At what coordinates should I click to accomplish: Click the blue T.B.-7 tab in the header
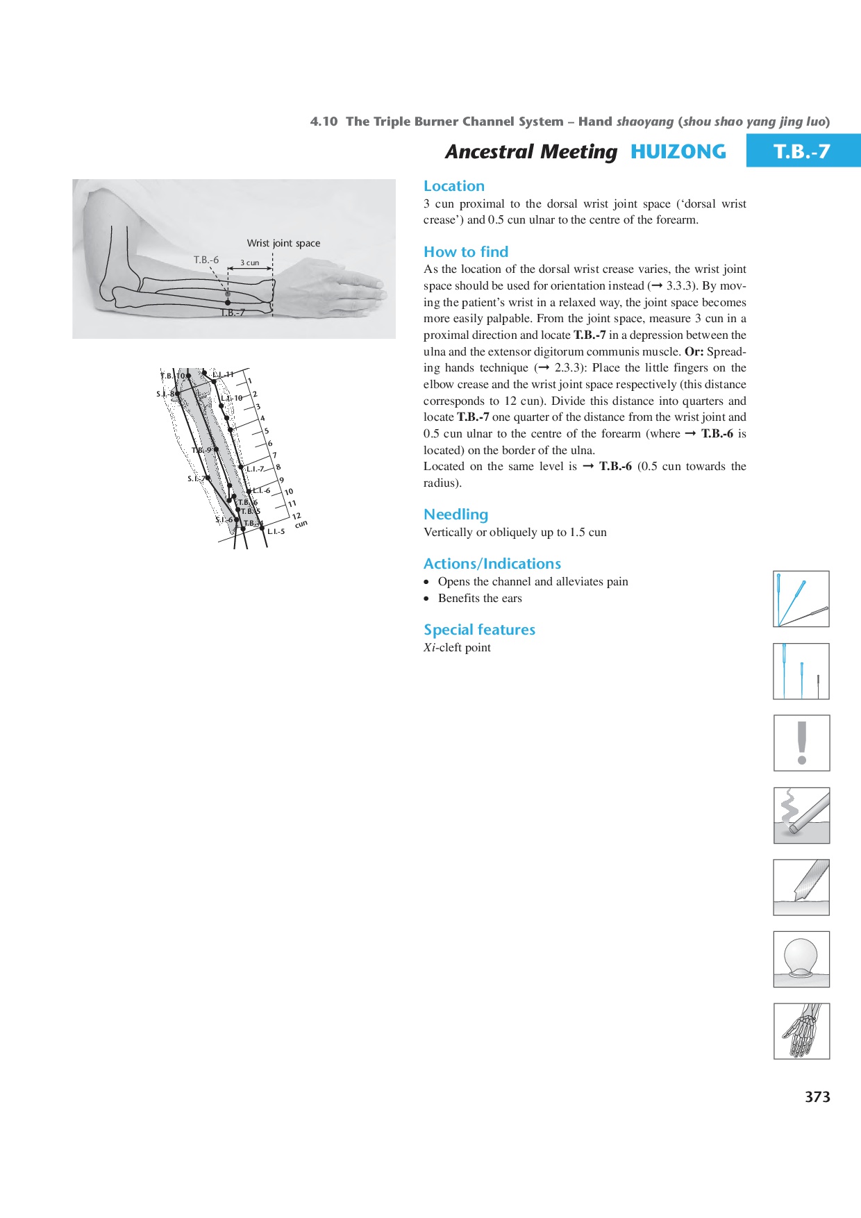802,151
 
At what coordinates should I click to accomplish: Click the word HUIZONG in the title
678,151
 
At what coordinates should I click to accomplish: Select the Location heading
454,186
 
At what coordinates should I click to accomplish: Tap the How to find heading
466,252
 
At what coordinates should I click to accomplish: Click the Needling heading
455,515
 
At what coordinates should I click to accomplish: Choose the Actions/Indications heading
492,564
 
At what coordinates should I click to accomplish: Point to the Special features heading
479,630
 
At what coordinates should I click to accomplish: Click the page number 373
817,1097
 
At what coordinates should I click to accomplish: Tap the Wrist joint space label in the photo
283,243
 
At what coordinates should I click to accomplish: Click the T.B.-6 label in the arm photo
206,260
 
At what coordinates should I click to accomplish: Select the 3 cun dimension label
249,263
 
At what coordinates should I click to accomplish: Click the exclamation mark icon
801,743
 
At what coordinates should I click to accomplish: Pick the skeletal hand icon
801,1031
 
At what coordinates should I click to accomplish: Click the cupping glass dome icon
801,959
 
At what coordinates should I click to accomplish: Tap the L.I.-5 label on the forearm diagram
276,532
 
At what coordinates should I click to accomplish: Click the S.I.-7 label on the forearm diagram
195,478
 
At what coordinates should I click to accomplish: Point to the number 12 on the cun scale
296,516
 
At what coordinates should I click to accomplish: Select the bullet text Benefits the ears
480,599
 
